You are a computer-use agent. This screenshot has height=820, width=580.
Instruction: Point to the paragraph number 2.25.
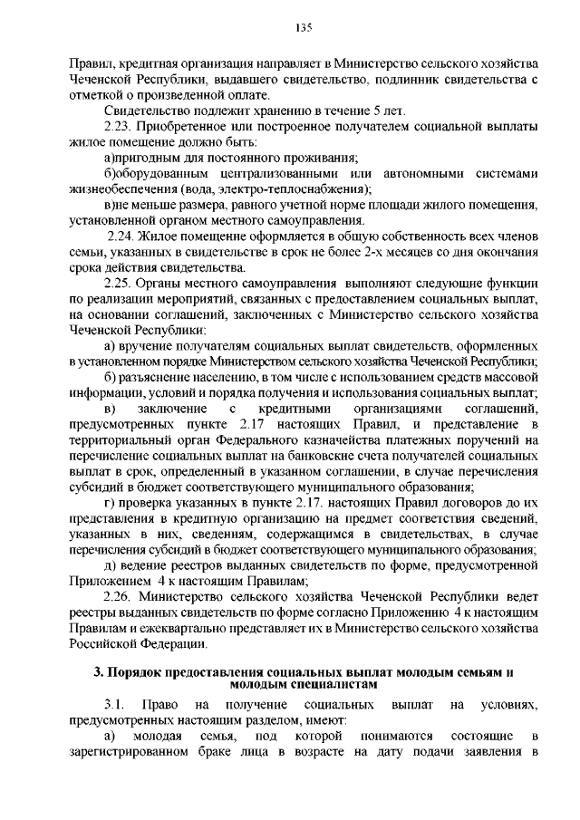(120, 283)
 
